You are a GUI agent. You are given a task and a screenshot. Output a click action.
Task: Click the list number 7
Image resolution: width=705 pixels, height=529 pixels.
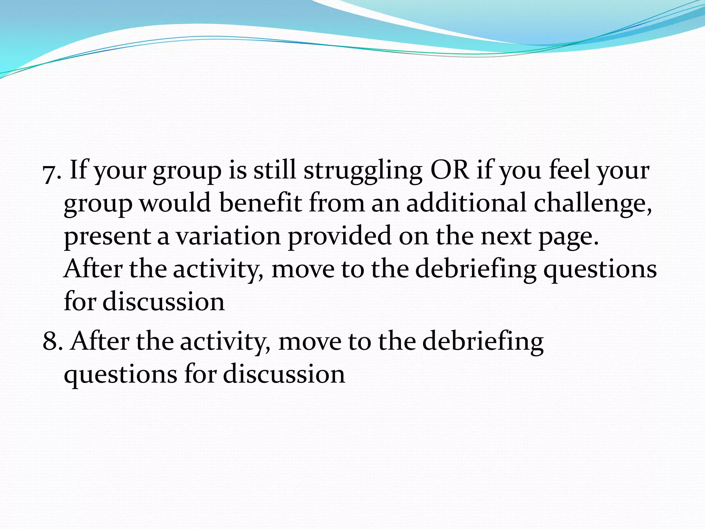[x=50, y=174]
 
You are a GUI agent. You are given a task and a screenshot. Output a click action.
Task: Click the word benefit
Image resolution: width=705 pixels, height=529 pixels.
[x=260, y=203]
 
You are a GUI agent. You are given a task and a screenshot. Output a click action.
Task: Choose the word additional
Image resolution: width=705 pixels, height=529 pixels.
[x=466, y=203]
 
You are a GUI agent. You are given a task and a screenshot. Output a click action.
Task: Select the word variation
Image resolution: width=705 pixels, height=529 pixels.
[x=229, y=236]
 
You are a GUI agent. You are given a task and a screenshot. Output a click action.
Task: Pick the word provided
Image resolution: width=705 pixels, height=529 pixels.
[x=339, y=236]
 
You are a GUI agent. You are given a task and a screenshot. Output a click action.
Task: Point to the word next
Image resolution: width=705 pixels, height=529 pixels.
[x=506, y=237]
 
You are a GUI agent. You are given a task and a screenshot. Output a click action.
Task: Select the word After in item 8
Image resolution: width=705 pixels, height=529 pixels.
[x=99, y=341]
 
